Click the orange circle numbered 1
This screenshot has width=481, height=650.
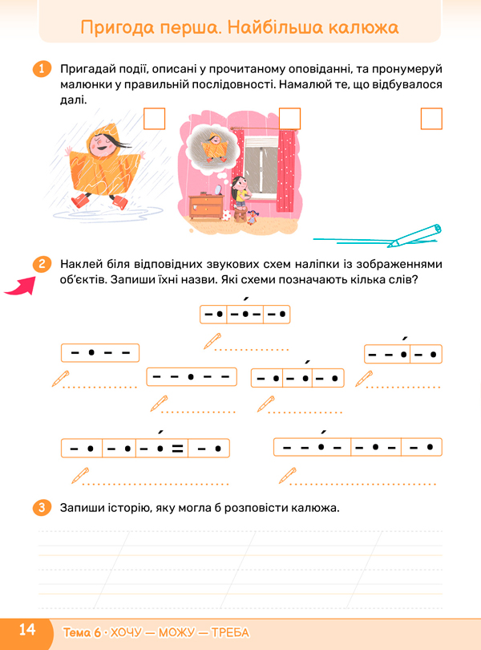(42, 69)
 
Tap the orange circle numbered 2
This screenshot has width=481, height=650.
(42, 264)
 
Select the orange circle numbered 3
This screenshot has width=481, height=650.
(42, 507)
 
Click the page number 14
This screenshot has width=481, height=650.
(27, 630)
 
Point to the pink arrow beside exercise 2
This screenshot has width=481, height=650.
(20, 286)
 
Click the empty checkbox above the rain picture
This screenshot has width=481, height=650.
(154, 119)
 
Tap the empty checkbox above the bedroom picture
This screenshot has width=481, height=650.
(289, 119)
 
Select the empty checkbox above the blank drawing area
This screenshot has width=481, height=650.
(431, 119)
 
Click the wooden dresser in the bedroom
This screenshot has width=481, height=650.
(206, 205)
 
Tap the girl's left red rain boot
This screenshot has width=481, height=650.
(79, 201)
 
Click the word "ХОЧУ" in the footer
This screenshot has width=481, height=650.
(126, 632)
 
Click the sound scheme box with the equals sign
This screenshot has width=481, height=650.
(145, 448)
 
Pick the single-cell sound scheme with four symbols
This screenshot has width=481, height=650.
(100, 353)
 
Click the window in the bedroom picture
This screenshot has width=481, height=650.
(261, 166)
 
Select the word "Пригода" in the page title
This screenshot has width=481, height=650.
(118, 27)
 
